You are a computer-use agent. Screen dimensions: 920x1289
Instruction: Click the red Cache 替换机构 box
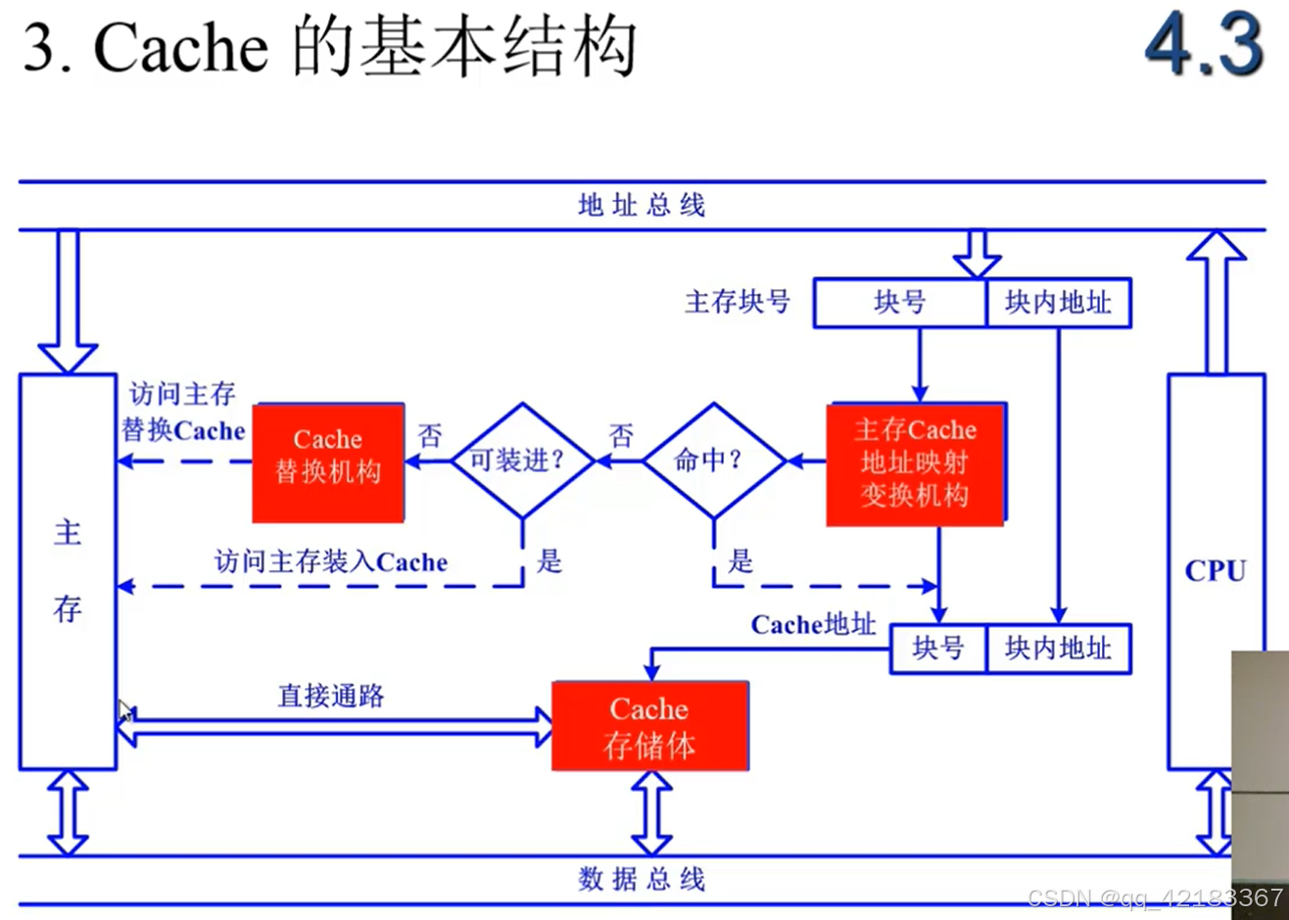pyautogui.click(x=328, y=462)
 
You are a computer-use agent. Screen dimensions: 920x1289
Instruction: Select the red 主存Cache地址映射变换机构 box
pyautogui.click(x=915, y=462)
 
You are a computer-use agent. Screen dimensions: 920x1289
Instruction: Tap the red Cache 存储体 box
pyautogui.click(x=649, y=726)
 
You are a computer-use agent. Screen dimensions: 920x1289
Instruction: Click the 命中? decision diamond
pyautogui.click(x=714, y=460)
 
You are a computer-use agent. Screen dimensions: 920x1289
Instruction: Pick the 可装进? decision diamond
pyautogui.click(x=522, y=460)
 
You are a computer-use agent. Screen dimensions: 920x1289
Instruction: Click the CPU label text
pyautogui.click(x=1215, y=570)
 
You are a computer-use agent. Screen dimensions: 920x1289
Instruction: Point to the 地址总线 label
pyautogui.click(x=642, y=206)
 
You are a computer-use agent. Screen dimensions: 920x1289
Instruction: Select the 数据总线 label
pyautogui.click(x=642, y=879)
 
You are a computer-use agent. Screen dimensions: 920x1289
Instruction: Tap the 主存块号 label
pyautogui.click(x=738, y=302)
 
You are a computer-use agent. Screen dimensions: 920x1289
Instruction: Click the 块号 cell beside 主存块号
pyautogui.click(x=900, y=303)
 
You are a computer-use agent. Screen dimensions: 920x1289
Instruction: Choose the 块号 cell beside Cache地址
pyautogui.click(x=937, y=649)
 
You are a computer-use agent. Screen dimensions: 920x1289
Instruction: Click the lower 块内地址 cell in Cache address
pyautogui.click(x=1059, y=649)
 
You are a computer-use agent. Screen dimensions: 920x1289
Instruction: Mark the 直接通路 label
pyautogui.click(x=331, y=697)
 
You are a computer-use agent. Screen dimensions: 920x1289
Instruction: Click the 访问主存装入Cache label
pyautogui.click(x=331, y=562)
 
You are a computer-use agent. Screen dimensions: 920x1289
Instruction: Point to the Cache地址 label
pyautogui.click(x=813, y=624)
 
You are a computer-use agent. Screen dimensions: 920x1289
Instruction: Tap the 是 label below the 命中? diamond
pyautogui.click(x=741, y=561)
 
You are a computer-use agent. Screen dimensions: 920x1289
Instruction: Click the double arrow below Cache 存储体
pyautogui.click(x=650, y=812)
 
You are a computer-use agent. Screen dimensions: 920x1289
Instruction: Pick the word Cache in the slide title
pyautogui.click(x=180, y=49)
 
